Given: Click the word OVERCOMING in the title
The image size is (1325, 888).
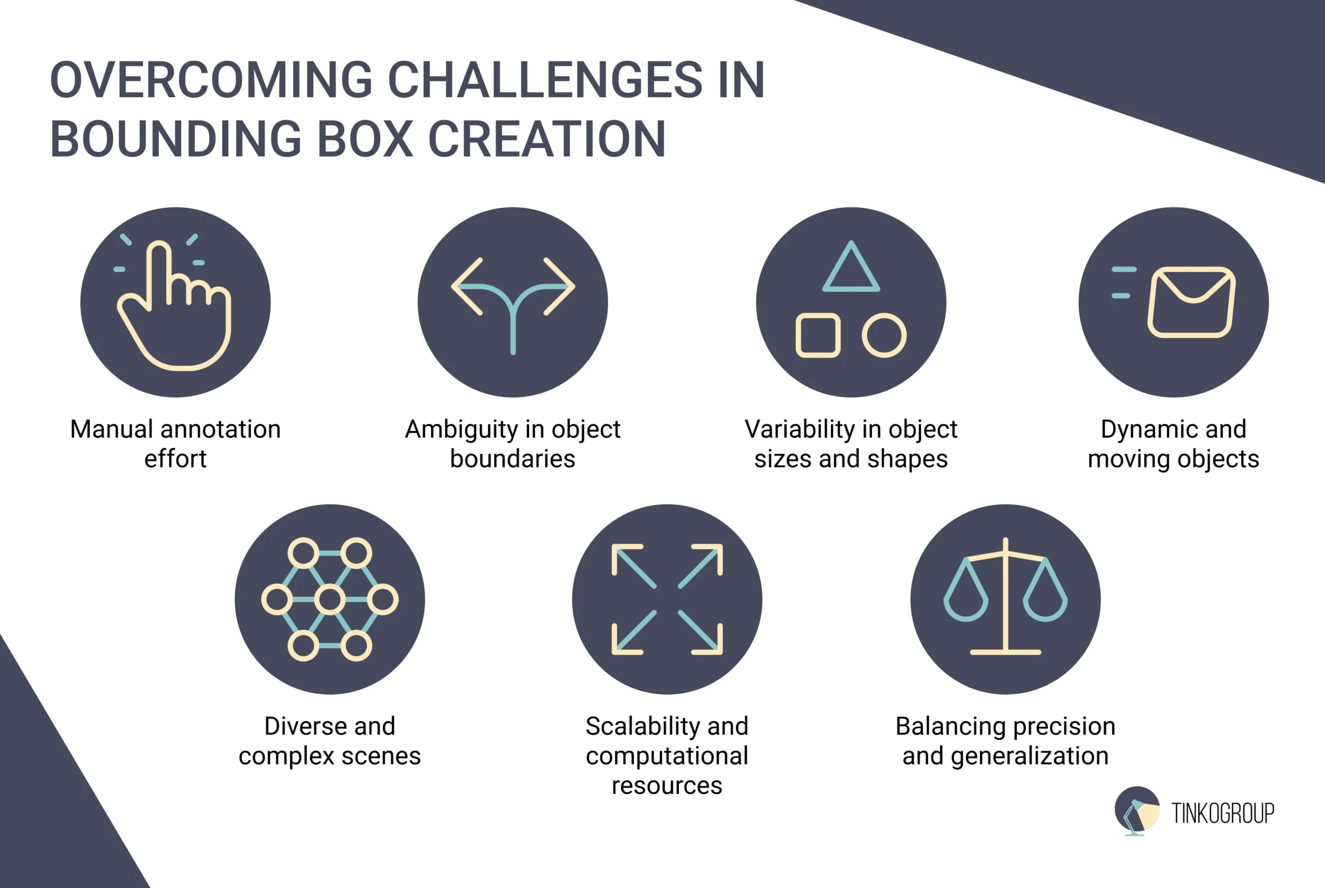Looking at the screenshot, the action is [211, 79].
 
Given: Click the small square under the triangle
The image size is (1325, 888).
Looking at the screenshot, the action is [818, 335].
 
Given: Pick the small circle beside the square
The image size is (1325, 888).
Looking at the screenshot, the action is [884, 335].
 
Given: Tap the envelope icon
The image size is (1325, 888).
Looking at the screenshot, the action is [1192, 302].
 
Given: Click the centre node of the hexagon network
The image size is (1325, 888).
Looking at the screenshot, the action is [330, 599].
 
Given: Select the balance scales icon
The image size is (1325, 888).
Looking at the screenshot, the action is [1006, 596].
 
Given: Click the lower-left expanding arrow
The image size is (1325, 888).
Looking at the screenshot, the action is [634, 632].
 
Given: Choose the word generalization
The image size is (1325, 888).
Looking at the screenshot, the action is [1029, 757].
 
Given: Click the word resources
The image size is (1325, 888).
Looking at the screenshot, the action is [667, 786].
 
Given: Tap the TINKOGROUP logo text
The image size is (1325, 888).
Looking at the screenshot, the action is [1223, 813].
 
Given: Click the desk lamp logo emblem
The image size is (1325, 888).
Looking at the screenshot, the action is [1137, 810].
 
